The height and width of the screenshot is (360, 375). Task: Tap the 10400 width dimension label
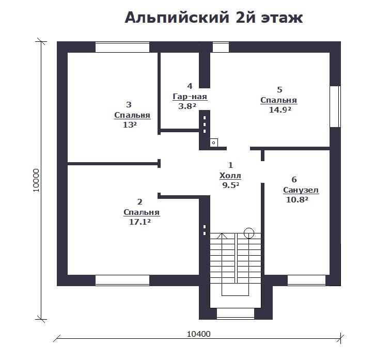coord(198,334)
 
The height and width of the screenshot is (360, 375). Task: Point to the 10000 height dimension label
coord(36,180)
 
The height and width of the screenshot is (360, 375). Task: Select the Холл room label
coord(230,176)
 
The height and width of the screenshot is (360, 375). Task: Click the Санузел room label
coord(301,190)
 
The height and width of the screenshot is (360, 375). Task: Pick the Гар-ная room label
coord(190,97)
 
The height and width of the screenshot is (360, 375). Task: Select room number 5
coord(279,89)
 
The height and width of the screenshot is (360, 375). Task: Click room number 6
coord(294,179)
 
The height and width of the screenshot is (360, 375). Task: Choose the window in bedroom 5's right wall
coord(335,106)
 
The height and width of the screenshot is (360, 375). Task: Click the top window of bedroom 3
coord(122,47)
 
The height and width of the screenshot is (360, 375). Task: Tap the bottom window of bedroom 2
coord(122,280)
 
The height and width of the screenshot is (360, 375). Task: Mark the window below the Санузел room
coord(306,280)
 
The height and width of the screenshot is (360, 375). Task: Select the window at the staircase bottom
coord(236,314)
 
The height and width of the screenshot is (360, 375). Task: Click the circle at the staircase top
coord(249,233)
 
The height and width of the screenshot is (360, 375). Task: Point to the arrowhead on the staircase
coord(222,236)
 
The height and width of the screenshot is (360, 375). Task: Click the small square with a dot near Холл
coord(214,143)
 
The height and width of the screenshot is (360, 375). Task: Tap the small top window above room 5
coord(221,47)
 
